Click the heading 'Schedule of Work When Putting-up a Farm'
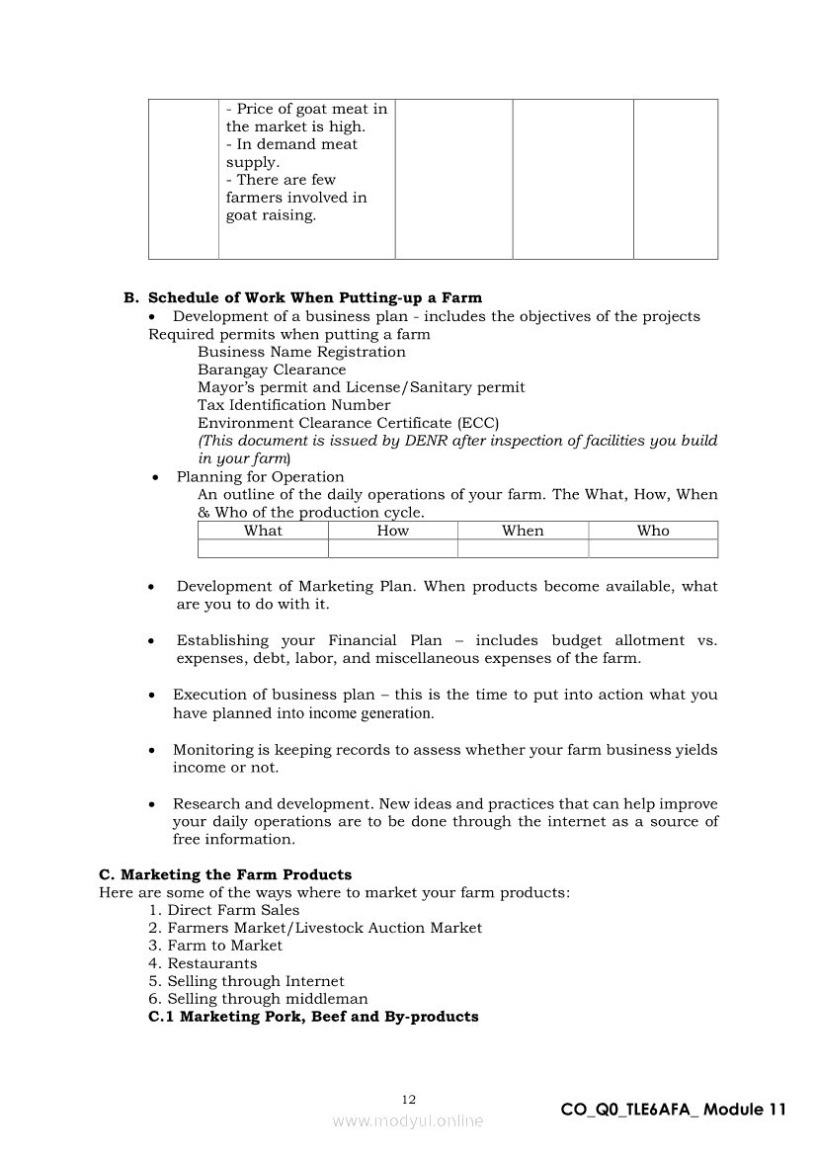pos(314,297)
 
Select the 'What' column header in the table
pos(263,531)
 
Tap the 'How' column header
pos(392,531)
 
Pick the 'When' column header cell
pos(523,531)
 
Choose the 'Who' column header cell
pos(653,531)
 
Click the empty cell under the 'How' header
pos(392,548)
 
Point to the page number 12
pos(409,1100)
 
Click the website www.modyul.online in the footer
pos(408,1120)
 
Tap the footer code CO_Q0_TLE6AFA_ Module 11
pos(673,1110)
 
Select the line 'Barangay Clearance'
pos(272,370)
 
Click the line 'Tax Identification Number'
pos(293,405)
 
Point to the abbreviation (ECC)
pos(478,423)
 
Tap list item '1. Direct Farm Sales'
pos(223,910)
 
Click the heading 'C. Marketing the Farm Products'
pos(225,874)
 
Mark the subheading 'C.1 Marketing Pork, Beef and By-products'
pos(313,1017)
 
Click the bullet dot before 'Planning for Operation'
pos(155,477)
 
